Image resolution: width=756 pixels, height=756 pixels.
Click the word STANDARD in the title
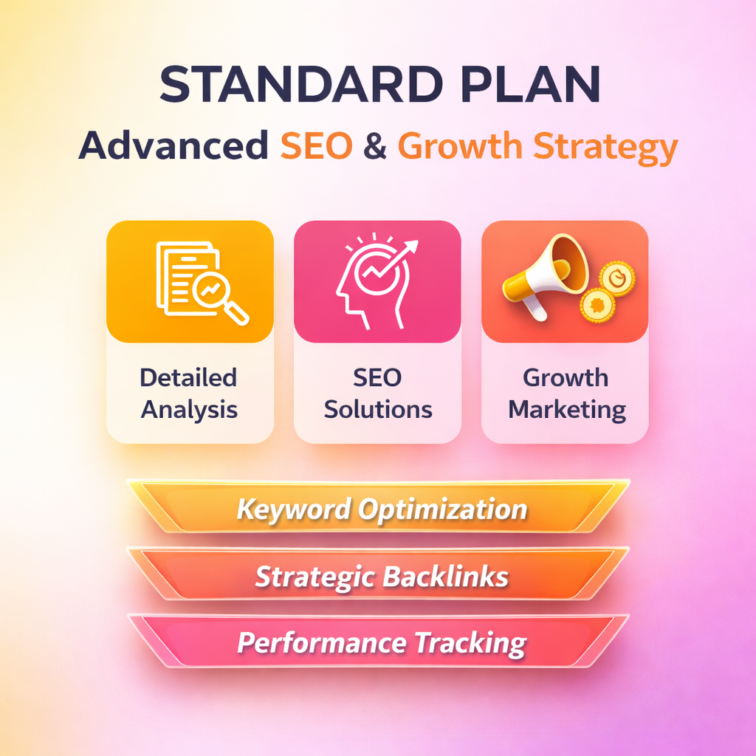coord(301,84)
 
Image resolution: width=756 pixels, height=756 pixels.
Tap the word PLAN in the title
coord(531,84)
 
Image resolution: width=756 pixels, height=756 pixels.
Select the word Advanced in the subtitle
coord(173,145)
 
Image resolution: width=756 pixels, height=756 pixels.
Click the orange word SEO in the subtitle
coord(317,145)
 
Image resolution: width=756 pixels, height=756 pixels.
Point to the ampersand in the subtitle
coord(375,145)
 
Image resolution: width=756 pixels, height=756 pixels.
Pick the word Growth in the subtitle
coord(460,145)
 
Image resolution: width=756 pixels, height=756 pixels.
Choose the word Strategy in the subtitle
coord(605,148)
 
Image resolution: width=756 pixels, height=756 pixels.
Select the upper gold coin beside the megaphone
coord(617,278)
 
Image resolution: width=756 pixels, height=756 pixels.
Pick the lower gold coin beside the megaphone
coord(598,305)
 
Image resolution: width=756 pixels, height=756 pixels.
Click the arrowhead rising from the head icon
coord(410,247)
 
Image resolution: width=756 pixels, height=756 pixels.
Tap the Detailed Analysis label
coord(189,394)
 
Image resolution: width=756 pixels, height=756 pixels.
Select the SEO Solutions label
coord(378,394)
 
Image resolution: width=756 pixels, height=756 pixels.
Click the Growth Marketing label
coord(566,394)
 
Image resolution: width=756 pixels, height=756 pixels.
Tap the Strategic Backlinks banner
coord(379,574)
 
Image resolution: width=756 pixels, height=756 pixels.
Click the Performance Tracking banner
coord(379,642)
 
